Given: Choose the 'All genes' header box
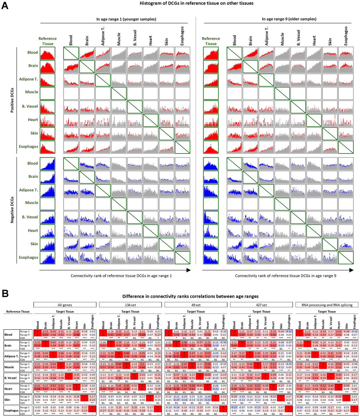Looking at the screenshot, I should pos(64,304).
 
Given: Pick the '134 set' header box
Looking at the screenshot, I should pos(130,304).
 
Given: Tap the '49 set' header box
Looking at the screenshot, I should pos(196,304).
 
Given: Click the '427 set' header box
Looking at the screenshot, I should pos(261,304).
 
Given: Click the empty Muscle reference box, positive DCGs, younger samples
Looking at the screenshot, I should pos(47,93).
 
